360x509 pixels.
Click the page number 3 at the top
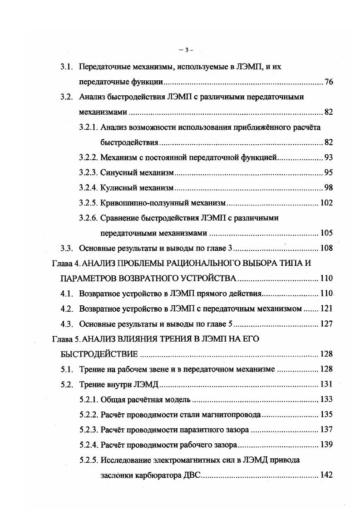coord(186,49)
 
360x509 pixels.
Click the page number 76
coord(329,83)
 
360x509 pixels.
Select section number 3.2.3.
coord(88,173)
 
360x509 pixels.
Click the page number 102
coord(326,203)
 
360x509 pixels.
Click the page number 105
coord(326,233)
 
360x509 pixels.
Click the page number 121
coord(326,309)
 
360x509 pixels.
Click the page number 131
coord(326,384)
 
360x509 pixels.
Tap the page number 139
coord(326,445)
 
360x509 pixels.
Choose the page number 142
coord(326,475)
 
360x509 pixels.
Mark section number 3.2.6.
coord(88,218)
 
